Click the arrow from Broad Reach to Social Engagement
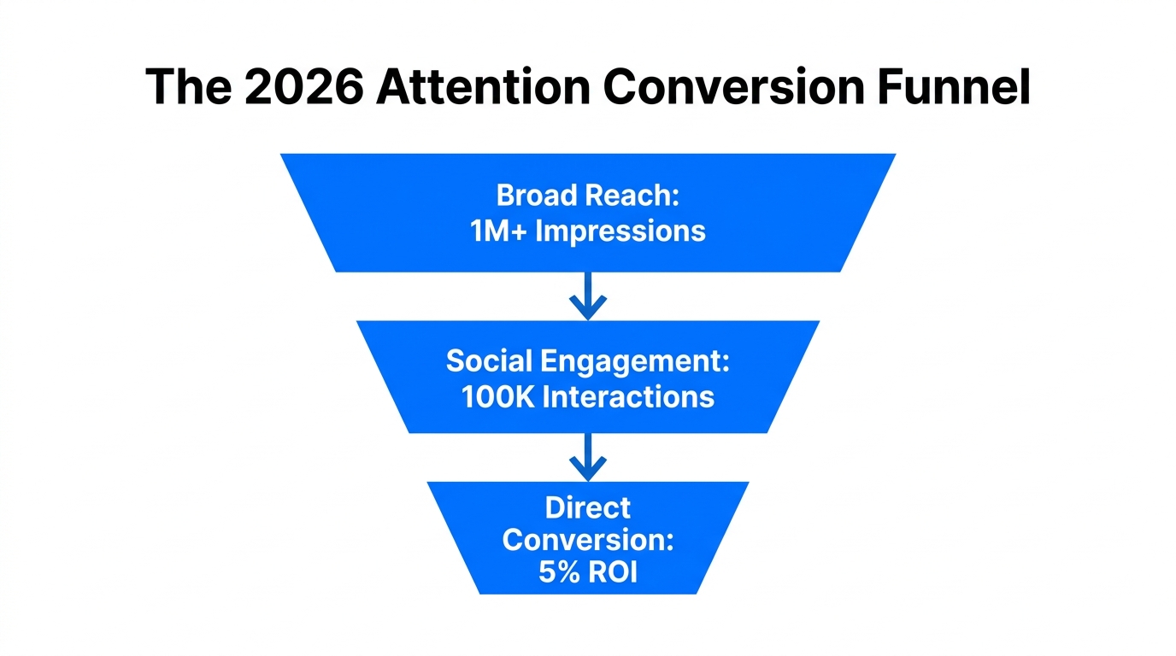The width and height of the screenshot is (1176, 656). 588,296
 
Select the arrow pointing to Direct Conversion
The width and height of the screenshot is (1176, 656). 588,456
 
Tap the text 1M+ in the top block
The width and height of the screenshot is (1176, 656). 498,231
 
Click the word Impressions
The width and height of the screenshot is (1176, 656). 620,231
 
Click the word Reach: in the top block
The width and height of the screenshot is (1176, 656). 632,196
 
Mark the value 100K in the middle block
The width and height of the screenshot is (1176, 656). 498,397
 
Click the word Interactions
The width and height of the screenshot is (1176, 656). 628,397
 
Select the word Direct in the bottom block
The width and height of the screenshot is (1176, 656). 588,508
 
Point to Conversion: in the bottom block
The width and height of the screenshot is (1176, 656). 588,540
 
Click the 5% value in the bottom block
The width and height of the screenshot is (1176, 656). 558,571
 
